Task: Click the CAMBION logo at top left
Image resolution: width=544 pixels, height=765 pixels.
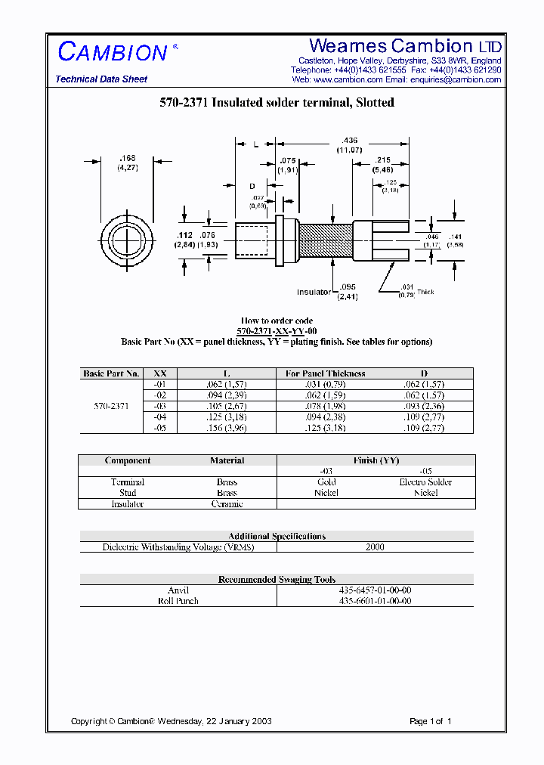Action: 113,52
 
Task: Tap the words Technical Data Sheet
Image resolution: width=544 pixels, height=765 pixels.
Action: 101,79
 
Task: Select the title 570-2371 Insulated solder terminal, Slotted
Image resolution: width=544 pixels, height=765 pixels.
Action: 277,103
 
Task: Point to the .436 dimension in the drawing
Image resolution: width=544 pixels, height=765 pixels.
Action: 350,141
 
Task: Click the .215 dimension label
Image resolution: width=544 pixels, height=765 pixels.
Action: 382,160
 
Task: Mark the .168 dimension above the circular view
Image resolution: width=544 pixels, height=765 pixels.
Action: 126,159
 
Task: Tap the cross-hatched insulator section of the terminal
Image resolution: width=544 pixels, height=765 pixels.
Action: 326,241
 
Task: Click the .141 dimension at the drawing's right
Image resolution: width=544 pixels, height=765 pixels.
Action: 455,237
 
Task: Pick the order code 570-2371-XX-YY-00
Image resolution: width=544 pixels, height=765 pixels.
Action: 277,331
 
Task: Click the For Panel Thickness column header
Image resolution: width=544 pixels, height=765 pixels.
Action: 325,373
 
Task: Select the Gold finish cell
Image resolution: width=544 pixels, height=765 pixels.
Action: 326,482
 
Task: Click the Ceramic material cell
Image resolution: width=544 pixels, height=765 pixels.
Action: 227,503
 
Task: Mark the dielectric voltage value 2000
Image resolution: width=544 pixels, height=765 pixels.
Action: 375,547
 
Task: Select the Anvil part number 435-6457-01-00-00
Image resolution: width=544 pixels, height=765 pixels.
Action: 375,590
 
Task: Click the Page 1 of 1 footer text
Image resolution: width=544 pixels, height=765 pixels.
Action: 430,721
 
